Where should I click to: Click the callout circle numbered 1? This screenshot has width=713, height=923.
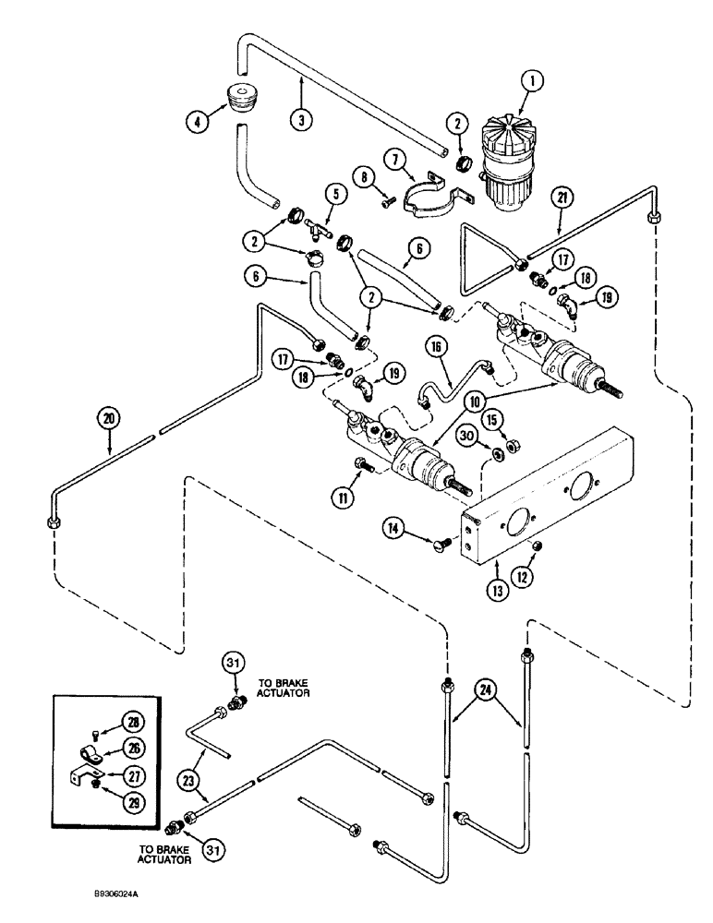coord(530,80)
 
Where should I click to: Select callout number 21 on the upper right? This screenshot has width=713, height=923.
coord(562,197)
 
